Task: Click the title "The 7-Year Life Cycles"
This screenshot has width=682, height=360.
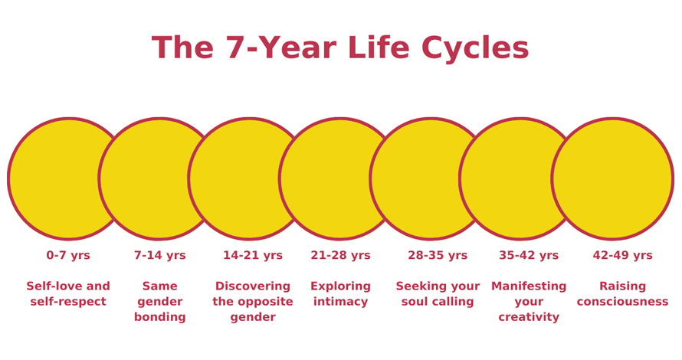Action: (x=340, y=48)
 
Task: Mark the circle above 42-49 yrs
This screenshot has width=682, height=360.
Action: (x=612, y=178)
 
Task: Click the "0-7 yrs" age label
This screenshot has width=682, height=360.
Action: (x=68, y=256)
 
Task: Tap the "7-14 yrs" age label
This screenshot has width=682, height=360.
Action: (x=159, y=256)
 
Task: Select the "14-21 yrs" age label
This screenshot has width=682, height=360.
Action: (x=253, y=256)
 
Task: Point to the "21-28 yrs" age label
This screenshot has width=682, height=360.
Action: (x=340, y=256)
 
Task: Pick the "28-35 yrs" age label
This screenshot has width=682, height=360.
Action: (x=438, y=256)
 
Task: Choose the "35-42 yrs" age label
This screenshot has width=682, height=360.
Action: (x=529, y=256)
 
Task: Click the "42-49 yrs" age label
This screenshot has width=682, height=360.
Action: (x=622, y=256)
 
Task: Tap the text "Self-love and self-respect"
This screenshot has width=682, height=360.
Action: (x=68, y=294)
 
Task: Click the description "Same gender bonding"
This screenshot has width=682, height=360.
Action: (x=159, y=302)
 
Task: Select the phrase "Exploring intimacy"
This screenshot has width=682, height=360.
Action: (x=340, y=294)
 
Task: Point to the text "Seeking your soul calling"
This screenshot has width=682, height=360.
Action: (x=438, y=294)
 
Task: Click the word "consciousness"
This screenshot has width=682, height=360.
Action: (x=622, y=302)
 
